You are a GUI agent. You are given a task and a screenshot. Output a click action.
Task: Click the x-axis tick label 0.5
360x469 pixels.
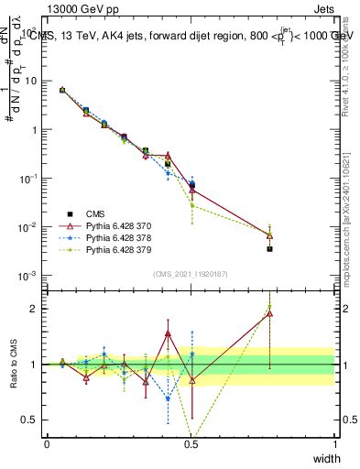[x=191, y=444]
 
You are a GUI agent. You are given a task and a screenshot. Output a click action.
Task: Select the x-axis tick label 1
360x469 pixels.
[x=334, y=444]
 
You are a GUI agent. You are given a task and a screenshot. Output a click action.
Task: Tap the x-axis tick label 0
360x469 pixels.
[x=47, y=444]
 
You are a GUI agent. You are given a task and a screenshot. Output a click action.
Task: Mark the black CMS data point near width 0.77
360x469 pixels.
[x=269, y=248]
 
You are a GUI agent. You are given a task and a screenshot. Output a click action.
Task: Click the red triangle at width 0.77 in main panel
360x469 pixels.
[x=269, y=234]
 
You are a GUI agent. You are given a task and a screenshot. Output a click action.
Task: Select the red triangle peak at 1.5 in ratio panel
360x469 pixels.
[x=168, y=334]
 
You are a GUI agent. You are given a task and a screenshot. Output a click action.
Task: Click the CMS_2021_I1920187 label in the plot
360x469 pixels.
[x=191, y=274]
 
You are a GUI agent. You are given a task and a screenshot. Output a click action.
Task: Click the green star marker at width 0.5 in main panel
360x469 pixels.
[x=191, y=205]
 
